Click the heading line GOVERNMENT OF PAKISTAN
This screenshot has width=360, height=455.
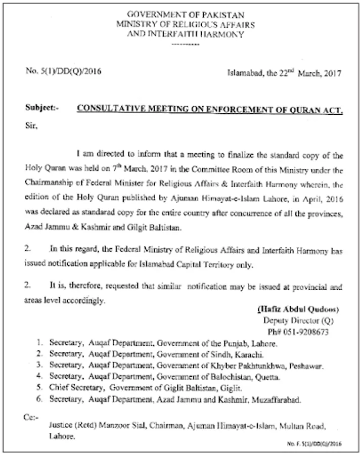pos(185,15)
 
